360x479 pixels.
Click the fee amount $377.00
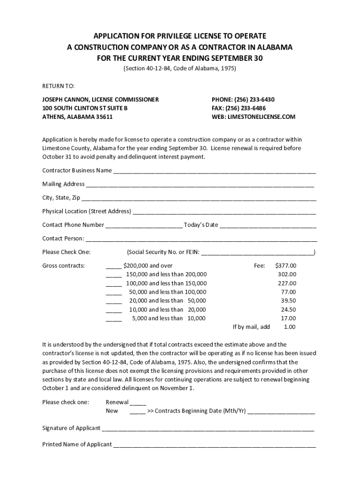pos(286,266)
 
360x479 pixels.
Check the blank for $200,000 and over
pos(114,266)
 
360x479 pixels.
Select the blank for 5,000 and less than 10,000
pos(114,319)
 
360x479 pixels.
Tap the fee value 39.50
pos(288,301)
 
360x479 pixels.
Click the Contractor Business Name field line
pos(215,171)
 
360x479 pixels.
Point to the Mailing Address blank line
pos(200,185)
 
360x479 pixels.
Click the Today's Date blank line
pos(268,225)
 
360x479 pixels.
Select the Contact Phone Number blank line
pos(144,225)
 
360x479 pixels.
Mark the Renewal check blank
pos(138,403)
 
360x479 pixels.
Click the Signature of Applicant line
pos(208,429)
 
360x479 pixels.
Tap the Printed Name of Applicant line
pos(215,445)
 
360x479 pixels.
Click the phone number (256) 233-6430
pos(253,100)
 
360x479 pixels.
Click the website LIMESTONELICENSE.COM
pos(261,117)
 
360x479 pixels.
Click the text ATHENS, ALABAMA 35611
pos(78,117)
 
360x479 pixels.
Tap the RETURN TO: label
pos(55,86)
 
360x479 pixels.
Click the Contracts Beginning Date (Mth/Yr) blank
pos(281,412)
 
